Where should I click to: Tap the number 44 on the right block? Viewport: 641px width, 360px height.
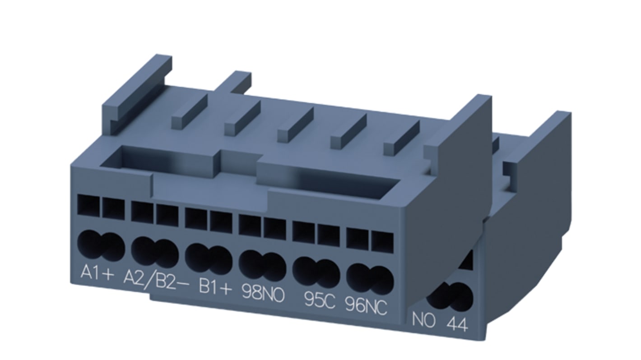457,324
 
